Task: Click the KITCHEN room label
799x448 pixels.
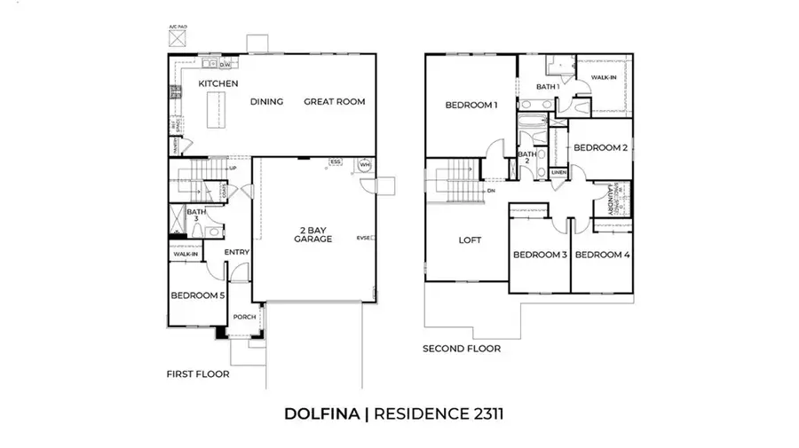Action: point(218,83)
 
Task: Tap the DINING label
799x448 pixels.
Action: point(266,102)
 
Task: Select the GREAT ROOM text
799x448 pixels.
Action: point(334,102)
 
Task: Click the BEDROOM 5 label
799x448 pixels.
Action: point(195,295)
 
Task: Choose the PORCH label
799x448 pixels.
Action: point(243,317)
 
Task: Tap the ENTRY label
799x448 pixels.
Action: point(236,253)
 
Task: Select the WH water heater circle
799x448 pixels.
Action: point(364,165)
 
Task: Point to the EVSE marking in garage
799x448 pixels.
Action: point(363,238)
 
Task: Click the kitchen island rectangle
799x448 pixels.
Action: point(213,111)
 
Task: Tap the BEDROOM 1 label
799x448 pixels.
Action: point(471,106)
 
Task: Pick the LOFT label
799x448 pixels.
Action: point(469,240)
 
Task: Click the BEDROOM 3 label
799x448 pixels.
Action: point(539,255)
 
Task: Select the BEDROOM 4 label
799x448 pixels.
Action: point(601,255)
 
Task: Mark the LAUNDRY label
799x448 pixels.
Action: point(611,203)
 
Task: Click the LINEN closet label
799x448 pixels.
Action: point(558,172)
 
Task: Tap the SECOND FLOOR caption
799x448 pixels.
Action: point(461,349)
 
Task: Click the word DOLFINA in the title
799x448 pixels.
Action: point(321,413)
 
